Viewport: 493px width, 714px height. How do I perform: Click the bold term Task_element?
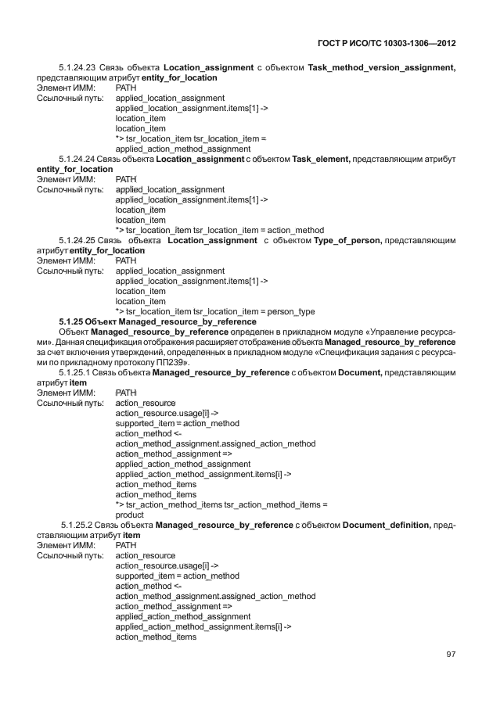pyautogui.click(x=320, y=160)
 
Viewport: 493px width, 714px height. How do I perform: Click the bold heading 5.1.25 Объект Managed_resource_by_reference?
pyautogui.click(x=157, y=322)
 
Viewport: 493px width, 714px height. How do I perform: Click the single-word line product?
pyautogui.click(x=129, y=515)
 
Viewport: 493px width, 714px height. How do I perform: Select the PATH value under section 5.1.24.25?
pyautogui.click(x=125, y=261)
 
